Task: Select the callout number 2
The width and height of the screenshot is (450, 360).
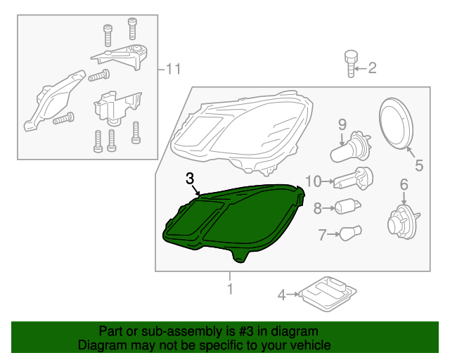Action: tap(372, 68)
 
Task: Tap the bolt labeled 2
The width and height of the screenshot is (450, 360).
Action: tap(349, 63)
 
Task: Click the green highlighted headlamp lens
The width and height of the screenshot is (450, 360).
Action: tap(232, 221)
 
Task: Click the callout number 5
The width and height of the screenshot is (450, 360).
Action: tap(418, 167)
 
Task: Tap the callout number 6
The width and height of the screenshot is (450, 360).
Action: tap(404, 185)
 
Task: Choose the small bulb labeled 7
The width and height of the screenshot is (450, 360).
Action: tap(351, 233)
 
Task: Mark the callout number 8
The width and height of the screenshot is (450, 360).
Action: tap(318, 208)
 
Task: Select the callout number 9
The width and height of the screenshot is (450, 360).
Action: tap(342, 124)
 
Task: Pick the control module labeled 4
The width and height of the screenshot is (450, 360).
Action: tap(326, 291)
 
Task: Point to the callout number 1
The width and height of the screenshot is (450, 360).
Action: tap(229, 289)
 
